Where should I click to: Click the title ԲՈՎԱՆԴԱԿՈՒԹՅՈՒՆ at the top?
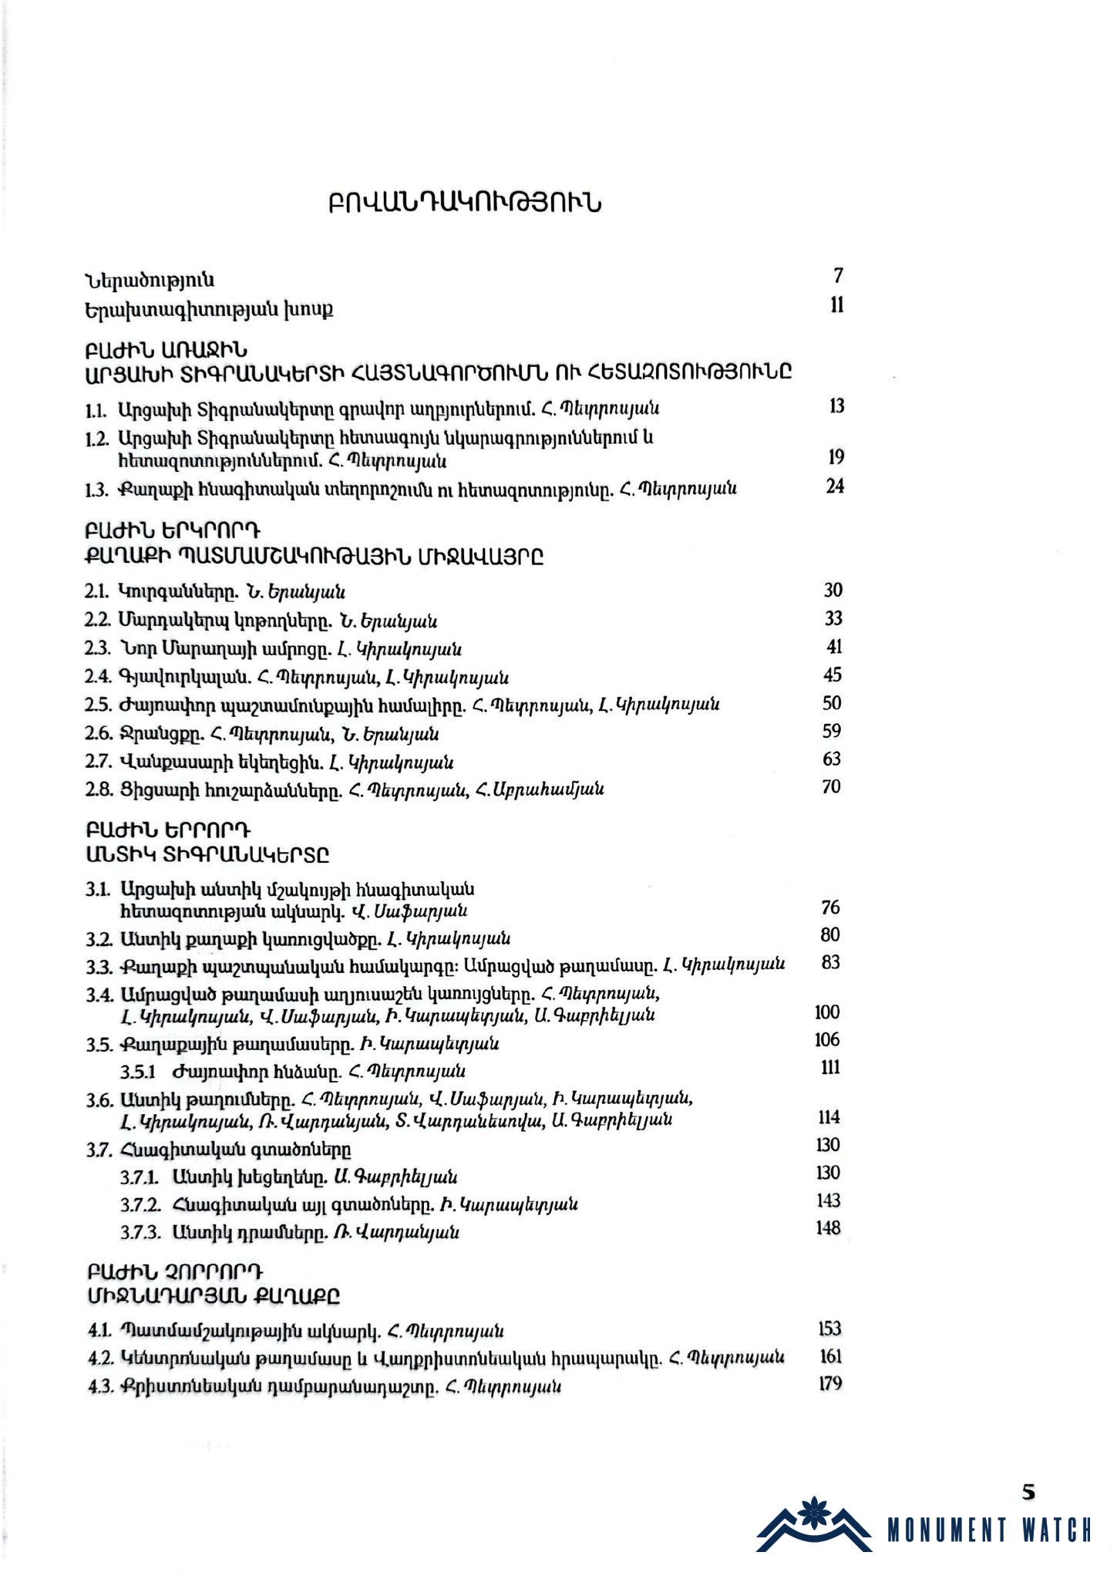point(465,204)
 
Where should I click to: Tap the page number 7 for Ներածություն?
point(839,276)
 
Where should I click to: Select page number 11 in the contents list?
point(837,305)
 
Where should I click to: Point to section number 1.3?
point(96,490)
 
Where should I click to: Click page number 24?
point(835,486)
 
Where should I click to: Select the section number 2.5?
point(97,705)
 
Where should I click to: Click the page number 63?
point(832,759)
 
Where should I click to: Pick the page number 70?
point(832,787)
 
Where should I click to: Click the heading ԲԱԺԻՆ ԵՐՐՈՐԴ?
point(169,831)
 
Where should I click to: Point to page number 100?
point(827,1012)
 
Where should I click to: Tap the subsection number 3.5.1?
point(138,1072)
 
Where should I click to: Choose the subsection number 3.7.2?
point(140,1204)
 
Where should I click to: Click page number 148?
point(828,1228)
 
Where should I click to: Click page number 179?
point(829,1383)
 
